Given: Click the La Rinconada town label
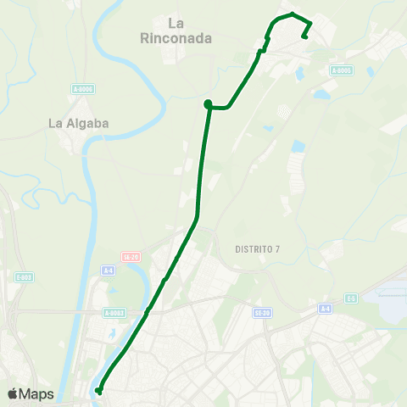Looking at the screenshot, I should pos(176,31).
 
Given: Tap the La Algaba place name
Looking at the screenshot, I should pos(78,123).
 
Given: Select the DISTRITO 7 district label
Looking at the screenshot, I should pos(257,249).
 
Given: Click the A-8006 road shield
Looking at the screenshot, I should pos(81,88).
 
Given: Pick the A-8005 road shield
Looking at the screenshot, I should pos(342,70).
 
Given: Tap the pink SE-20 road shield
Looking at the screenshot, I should pos(130,255).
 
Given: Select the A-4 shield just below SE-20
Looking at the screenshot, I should pos(108,270).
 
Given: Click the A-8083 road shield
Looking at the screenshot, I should pos(114,312).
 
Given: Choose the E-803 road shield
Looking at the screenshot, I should pos(23,277).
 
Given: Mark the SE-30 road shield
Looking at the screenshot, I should pos(262,312).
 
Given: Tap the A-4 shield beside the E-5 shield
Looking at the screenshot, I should pos(324,309).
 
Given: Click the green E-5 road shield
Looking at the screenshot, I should pos(351,298).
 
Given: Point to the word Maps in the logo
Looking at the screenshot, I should pos(36,393).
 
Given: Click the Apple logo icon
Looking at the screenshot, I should pos(13,393).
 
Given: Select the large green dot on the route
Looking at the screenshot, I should pos(208,104).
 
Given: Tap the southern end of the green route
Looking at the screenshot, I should pos(99,391).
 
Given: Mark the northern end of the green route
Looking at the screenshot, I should pos(304,36).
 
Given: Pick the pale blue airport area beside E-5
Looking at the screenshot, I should pos(392,304).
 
